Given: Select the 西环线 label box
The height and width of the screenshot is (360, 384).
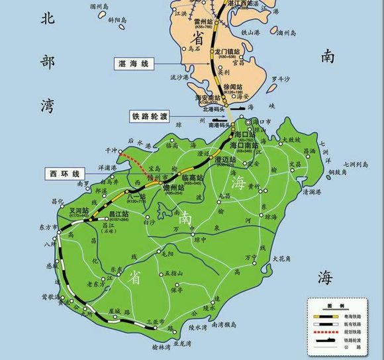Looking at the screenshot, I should (61, 173).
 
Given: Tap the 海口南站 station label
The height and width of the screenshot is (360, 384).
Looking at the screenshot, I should (246, 145).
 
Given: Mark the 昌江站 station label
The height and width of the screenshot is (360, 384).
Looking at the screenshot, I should (119, 214).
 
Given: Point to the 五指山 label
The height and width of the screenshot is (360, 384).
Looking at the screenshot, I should (173, 273).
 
